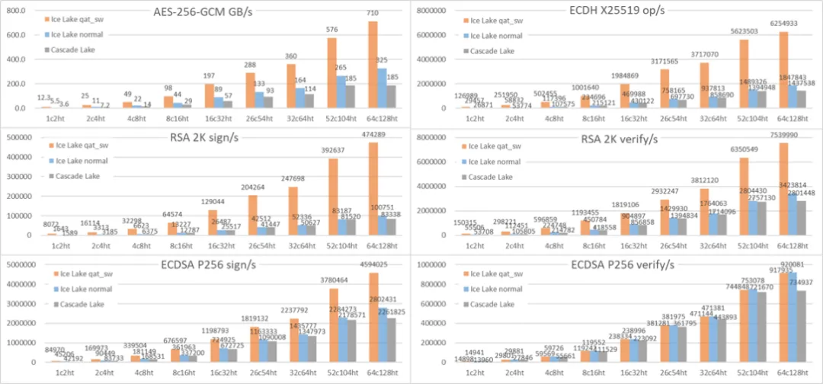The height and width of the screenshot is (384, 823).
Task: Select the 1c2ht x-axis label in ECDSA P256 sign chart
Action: (x=53, y=371)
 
